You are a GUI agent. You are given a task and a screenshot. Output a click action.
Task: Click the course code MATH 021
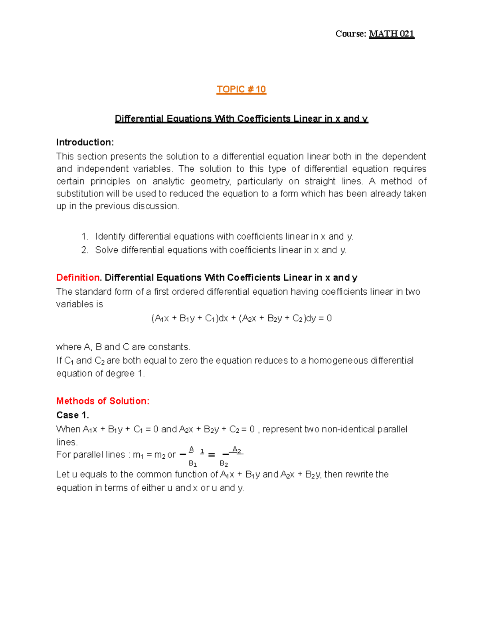pyautogui.click(x=392, y=34)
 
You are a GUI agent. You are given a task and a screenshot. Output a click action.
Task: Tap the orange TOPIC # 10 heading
pyautogui.click(x=241, y=89)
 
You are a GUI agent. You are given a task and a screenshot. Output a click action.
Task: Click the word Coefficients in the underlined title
pyautogui.click(x=264, y=119)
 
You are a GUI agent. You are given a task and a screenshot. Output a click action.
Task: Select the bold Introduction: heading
pyautogui.click(x=85, y=143)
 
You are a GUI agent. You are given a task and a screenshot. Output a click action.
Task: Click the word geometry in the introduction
pyautogui.click(x=210, y=181)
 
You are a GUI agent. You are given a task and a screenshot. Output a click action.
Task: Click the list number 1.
pyautogui.click(x=84, y=237)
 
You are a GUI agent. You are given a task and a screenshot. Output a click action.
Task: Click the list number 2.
pyautogui.click(x=84, y=250)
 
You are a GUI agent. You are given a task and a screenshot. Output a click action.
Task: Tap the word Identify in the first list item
pyautogui.click(x=110, y=237)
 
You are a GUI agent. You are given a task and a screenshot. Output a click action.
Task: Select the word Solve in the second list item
pyautogui.click(x=106, y=250)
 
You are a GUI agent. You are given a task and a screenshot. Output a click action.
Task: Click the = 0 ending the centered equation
pyautogui.click(x=325, y=319)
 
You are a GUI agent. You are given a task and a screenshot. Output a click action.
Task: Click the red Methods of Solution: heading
pyautogui.click(x=103, y=401)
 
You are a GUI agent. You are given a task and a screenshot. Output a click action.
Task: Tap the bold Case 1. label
pyautogui.click(x=72, y=415)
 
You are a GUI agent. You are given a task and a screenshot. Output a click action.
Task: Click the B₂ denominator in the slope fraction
pyautogui.click(x=224, y=464)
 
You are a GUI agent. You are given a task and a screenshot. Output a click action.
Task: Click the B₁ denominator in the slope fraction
pyautogui.click(x=192, y=464)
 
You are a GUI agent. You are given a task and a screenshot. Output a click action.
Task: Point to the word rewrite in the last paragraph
pyautogui.click(x=359, y=475)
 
